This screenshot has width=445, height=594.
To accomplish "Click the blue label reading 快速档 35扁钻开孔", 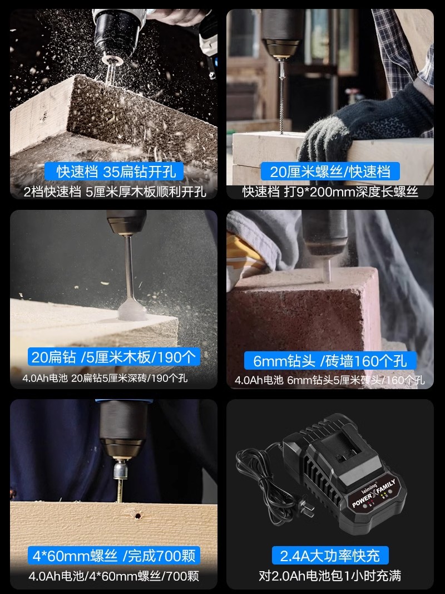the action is [x=114, y=171].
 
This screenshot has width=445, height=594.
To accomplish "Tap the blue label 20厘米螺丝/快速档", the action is [x=330, y=171].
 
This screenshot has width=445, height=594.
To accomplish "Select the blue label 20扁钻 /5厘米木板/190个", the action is [x=113, y=357].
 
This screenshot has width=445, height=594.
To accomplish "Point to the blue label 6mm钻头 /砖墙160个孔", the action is [x=330, y=360].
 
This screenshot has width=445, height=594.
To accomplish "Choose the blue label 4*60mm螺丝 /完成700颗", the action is [x=113, y=556].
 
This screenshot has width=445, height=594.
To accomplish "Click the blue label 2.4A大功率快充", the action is [x=330, y=556].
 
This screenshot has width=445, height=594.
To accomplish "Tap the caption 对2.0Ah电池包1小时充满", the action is [x=330, y=576].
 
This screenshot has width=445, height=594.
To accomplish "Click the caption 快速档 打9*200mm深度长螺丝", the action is [x=330, y=192].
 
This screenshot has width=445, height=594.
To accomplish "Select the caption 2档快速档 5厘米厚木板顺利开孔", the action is [x=115, y=192].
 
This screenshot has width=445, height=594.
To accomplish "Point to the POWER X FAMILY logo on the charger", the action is [x=373, y=493].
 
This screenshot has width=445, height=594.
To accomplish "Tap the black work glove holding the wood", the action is [x=363, y=125].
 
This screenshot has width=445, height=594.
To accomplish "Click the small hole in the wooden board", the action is [x=138, y=516].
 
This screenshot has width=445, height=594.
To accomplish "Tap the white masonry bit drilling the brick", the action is [x=327, y=270].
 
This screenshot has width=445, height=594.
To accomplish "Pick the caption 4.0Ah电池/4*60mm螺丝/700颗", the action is [x=113, y=576].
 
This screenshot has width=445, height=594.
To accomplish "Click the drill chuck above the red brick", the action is [x=325, y=233].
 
